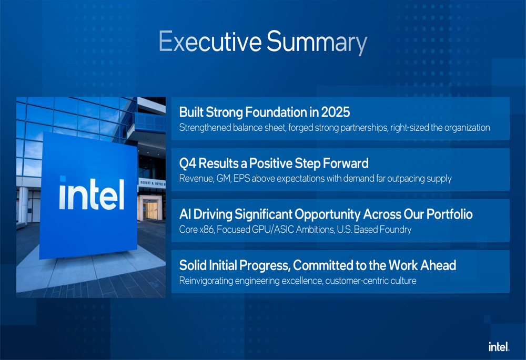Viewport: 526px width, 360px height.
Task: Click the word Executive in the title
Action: point(210,41)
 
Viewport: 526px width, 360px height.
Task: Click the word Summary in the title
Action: point(317,42)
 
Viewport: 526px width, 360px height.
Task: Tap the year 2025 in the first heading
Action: point(336,112)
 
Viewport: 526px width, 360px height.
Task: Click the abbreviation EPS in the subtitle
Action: point(241,178)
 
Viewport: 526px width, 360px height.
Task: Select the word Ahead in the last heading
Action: point(438,265)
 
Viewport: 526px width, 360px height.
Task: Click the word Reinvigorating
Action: point(206,281)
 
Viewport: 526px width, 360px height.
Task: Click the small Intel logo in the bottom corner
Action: point(499,346)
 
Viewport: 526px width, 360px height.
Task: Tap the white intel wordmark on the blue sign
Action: point(92,194)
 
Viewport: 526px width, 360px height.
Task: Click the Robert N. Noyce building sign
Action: point(152,183)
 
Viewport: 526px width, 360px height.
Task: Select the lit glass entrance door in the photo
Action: point(150,210)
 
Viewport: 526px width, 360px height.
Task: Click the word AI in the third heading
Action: point(185,214)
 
